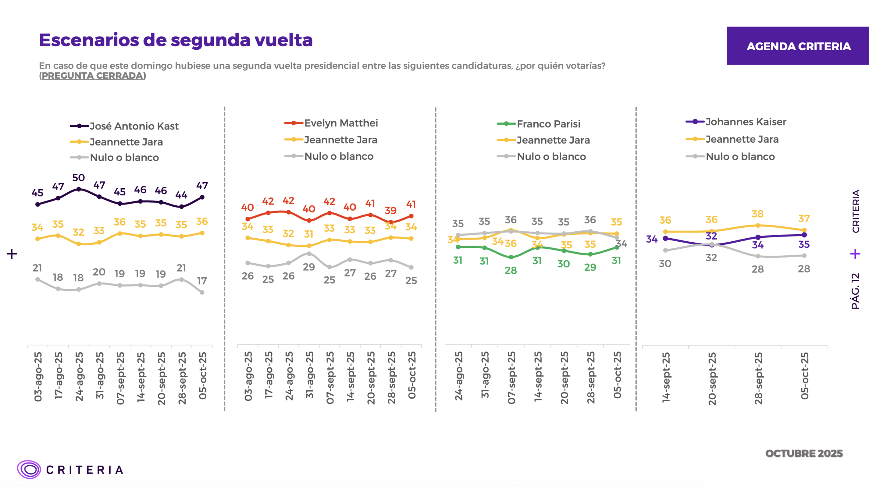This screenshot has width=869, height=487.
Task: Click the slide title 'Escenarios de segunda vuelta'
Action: pyautogui.click(x=175, y=40)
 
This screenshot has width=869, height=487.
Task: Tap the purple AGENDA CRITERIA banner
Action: pyautogui.click(x=798, y=46)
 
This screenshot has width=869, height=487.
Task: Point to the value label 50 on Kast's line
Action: pyautogui.click(x=78, y=178)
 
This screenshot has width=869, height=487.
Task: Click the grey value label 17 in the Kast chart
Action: pyautogui.click(x=202, y=281)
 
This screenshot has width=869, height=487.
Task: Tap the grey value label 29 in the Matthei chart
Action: pyautogui.click(x=309, y=267)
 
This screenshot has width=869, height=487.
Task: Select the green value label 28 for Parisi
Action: pyautogui.click(x=511, y=271)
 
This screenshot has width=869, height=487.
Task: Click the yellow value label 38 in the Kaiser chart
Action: pyautogui.click(x=758, y=214)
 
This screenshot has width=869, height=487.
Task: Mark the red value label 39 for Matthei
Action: pyautogui.click(x=391, y=211)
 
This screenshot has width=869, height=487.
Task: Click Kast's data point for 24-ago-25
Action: pyautogui.click(x=79, y=189)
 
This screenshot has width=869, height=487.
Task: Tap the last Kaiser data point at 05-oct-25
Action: pyautogui.click(x=804, y=235)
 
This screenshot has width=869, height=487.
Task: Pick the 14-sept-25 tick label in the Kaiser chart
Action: pyautogui.click(x=666, y=377)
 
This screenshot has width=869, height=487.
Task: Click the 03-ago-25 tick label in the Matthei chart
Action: pyautogui.click(x=248, y=376)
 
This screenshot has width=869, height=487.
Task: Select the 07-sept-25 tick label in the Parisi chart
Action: pyautogui.click(x=511, y=378)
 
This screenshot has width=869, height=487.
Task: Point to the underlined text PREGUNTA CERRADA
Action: pyautogui.click(x=93, y=75)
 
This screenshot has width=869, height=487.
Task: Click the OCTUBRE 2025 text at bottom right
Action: pyautogui.click(x=804, y=454)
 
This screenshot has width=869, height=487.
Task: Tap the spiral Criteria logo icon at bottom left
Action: pyautogui.click(x=29, y=470)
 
